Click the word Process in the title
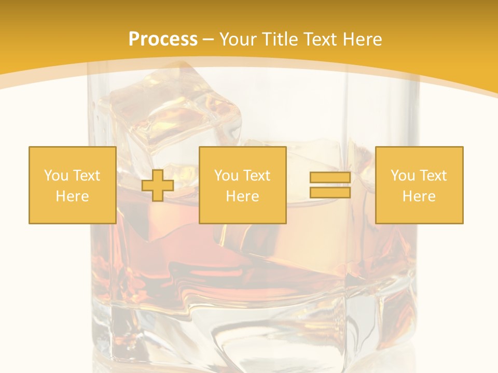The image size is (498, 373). pos(163,39)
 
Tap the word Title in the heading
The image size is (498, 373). pos(278,39)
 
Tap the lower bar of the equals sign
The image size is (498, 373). pos(330,193)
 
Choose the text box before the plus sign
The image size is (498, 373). pos(72,185)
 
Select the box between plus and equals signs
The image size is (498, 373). pos(242,185)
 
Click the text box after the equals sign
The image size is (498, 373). pos(419,185)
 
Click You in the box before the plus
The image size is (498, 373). pos(56,176)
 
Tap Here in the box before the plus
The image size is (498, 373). pos(72,196)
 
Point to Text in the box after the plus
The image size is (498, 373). pos(256,176)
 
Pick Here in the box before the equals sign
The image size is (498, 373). pos(242,196)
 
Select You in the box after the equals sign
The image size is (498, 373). pos(403,176)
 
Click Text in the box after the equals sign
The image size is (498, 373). pos(433,176)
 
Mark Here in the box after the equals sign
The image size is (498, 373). pos(419,196)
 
